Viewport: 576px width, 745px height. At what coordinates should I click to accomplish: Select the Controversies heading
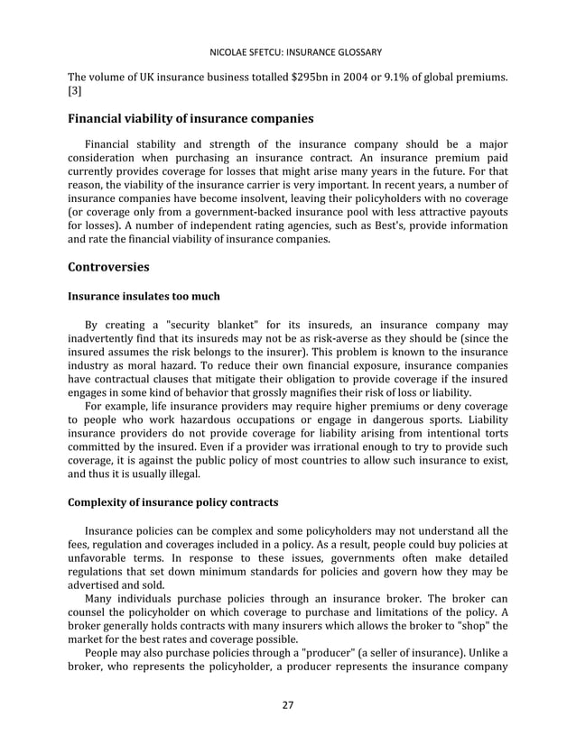coord(108,267)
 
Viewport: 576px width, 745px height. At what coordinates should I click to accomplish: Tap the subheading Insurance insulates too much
coord(144,296)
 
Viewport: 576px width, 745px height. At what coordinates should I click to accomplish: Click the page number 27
coord(288,705)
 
